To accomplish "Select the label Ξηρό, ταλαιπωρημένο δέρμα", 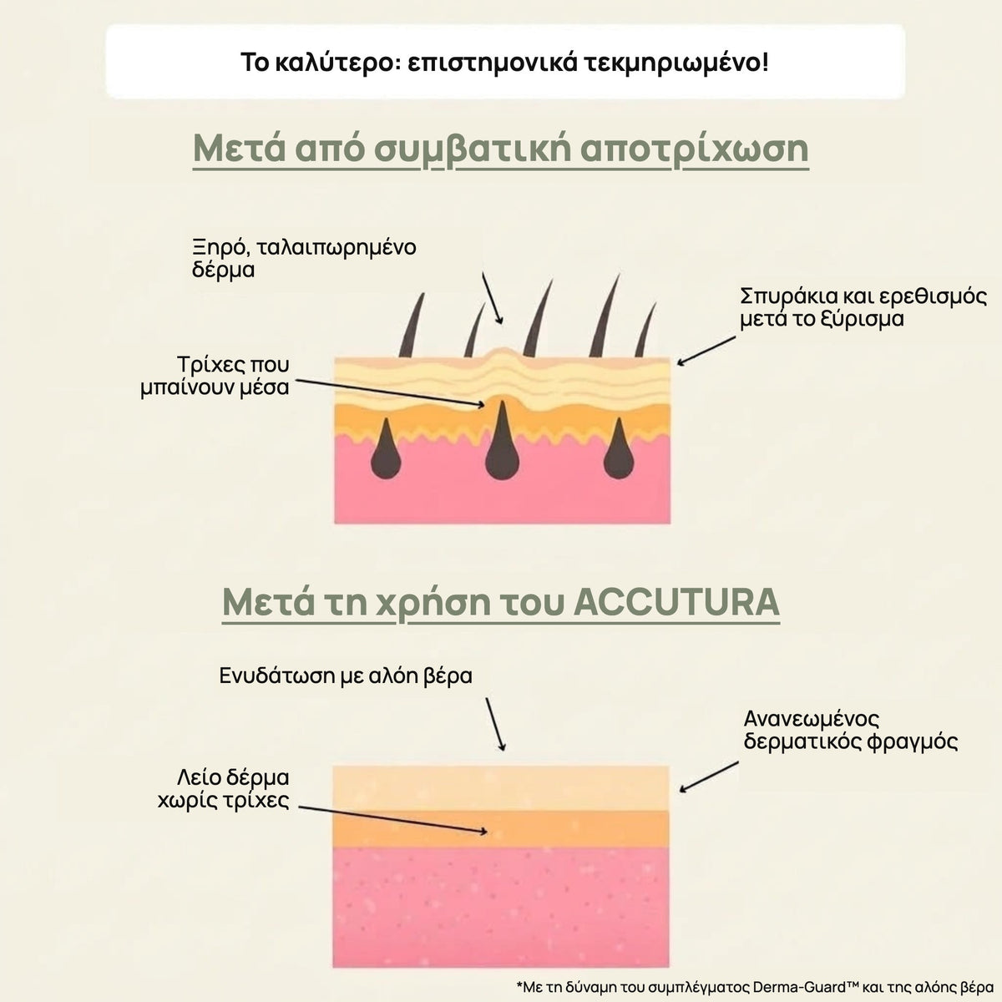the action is pos(304,258).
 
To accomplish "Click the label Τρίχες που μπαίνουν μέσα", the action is pos(215,376).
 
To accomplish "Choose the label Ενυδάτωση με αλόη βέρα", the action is pos(346,676).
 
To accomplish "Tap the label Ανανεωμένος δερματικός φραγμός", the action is pos(851,731).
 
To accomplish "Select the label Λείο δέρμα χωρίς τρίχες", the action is pos(224,789).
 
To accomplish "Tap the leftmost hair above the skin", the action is pos(412,326).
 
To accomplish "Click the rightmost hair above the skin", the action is pos(645,329).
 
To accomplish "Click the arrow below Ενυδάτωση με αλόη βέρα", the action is pos(495,724).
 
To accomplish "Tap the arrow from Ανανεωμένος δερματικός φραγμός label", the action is pos(709,777).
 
